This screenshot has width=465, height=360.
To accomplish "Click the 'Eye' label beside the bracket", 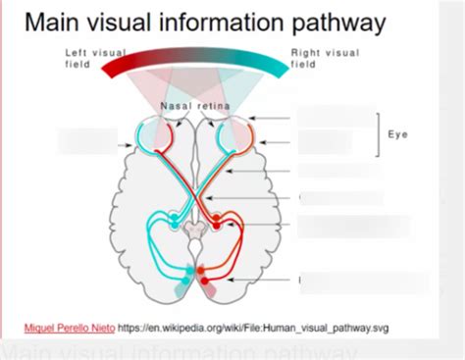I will coord(397,134).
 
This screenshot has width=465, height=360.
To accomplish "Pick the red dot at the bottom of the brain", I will coord(205,267).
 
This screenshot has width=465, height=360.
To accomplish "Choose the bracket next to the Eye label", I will coord(378,134).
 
